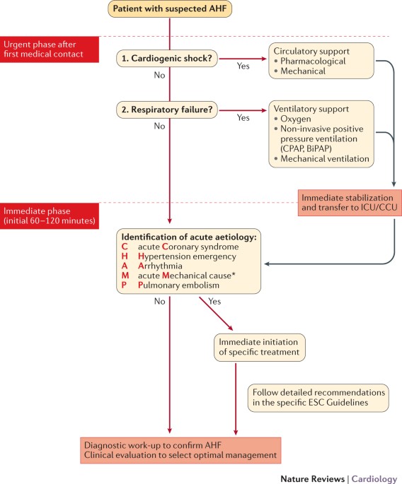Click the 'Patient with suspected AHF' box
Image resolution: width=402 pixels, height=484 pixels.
click(x=170, y=11)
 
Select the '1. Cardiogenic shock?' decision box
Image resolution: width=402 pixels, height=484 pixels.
click(x=168, y=60)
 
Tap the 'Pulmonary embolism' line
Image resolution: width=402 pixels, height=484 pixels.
click(x=184, y=285)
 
